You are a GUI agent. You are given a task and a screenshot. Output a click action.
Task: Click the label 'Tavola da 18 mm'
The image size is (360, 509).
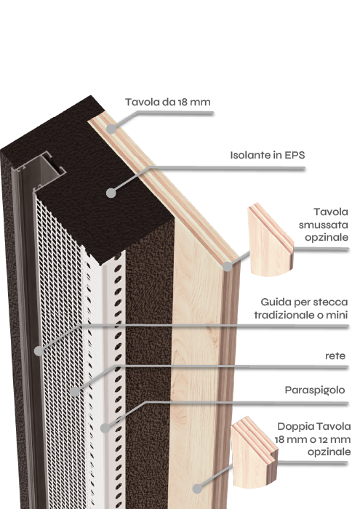click(x=168, y=102)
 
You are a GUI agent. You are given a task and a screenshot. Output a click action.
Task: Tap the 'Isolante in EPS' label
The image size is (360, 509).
click(x=268, y=155)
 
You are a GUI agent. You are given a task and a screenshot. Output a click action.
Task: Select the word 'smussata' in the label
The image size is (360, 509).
click(x=324, y=225)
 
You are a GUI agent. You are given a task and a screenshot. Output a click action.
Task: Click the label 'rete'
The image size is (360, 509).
click(x=335, y=356)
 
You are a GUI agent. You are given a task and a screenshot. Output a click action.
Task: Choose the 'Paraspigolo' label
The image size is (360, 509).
click(x=315, y=390)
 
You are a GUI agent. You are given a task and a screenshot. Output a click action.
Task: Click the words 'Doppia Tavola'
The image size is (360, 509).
click(x=314, y=426)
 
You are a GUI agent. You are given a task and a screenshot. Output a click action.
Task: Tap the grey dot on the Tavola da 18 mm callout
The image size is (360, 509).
click(x=111, y=129)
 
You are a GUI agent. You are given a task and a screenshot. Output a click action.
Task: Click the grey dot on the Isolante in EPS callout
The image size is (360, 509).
click(x=111, y=193)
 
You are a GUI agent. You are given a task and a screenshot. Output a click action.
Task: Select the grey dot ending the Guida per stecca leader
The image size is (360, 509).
click(x=39, y=350)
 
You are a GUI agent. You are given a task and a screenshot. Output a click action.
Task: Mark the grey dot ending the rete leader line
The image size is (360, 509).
click(x=75, y=391)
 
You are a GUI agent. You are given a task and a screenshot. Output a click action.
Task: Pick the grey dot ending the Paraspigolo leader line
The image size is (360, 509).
click(x=105, y=428)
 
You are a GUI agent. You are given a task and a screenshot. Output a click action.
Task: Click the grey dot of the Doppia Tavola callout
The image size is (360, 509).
click(x=197, y=489)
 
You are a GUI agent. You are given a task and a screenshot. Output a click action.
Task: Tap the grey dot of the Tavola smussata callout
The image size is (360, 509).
click(x=228, y=267)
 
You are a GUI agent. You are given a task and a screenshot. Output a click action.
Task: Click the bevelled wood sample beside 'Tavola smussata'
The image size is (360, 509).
click(x=270, y=240)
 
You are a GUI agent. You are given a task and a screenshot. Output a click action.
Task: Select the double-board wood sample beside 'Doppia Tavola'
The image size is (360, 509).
click(x=254, y=453)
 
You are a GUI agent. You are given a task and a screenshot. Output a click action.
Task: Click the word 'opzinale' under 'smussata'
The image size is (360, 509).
click(x=327, y=238)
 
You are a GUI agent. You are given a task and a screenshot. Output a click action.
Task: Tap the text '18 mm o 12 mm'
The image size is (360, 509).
click(x=313, y=439)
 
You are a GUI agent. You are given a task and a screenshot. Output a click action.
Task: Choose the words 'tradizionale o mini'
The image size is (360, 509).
click(x=301, y=315)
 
